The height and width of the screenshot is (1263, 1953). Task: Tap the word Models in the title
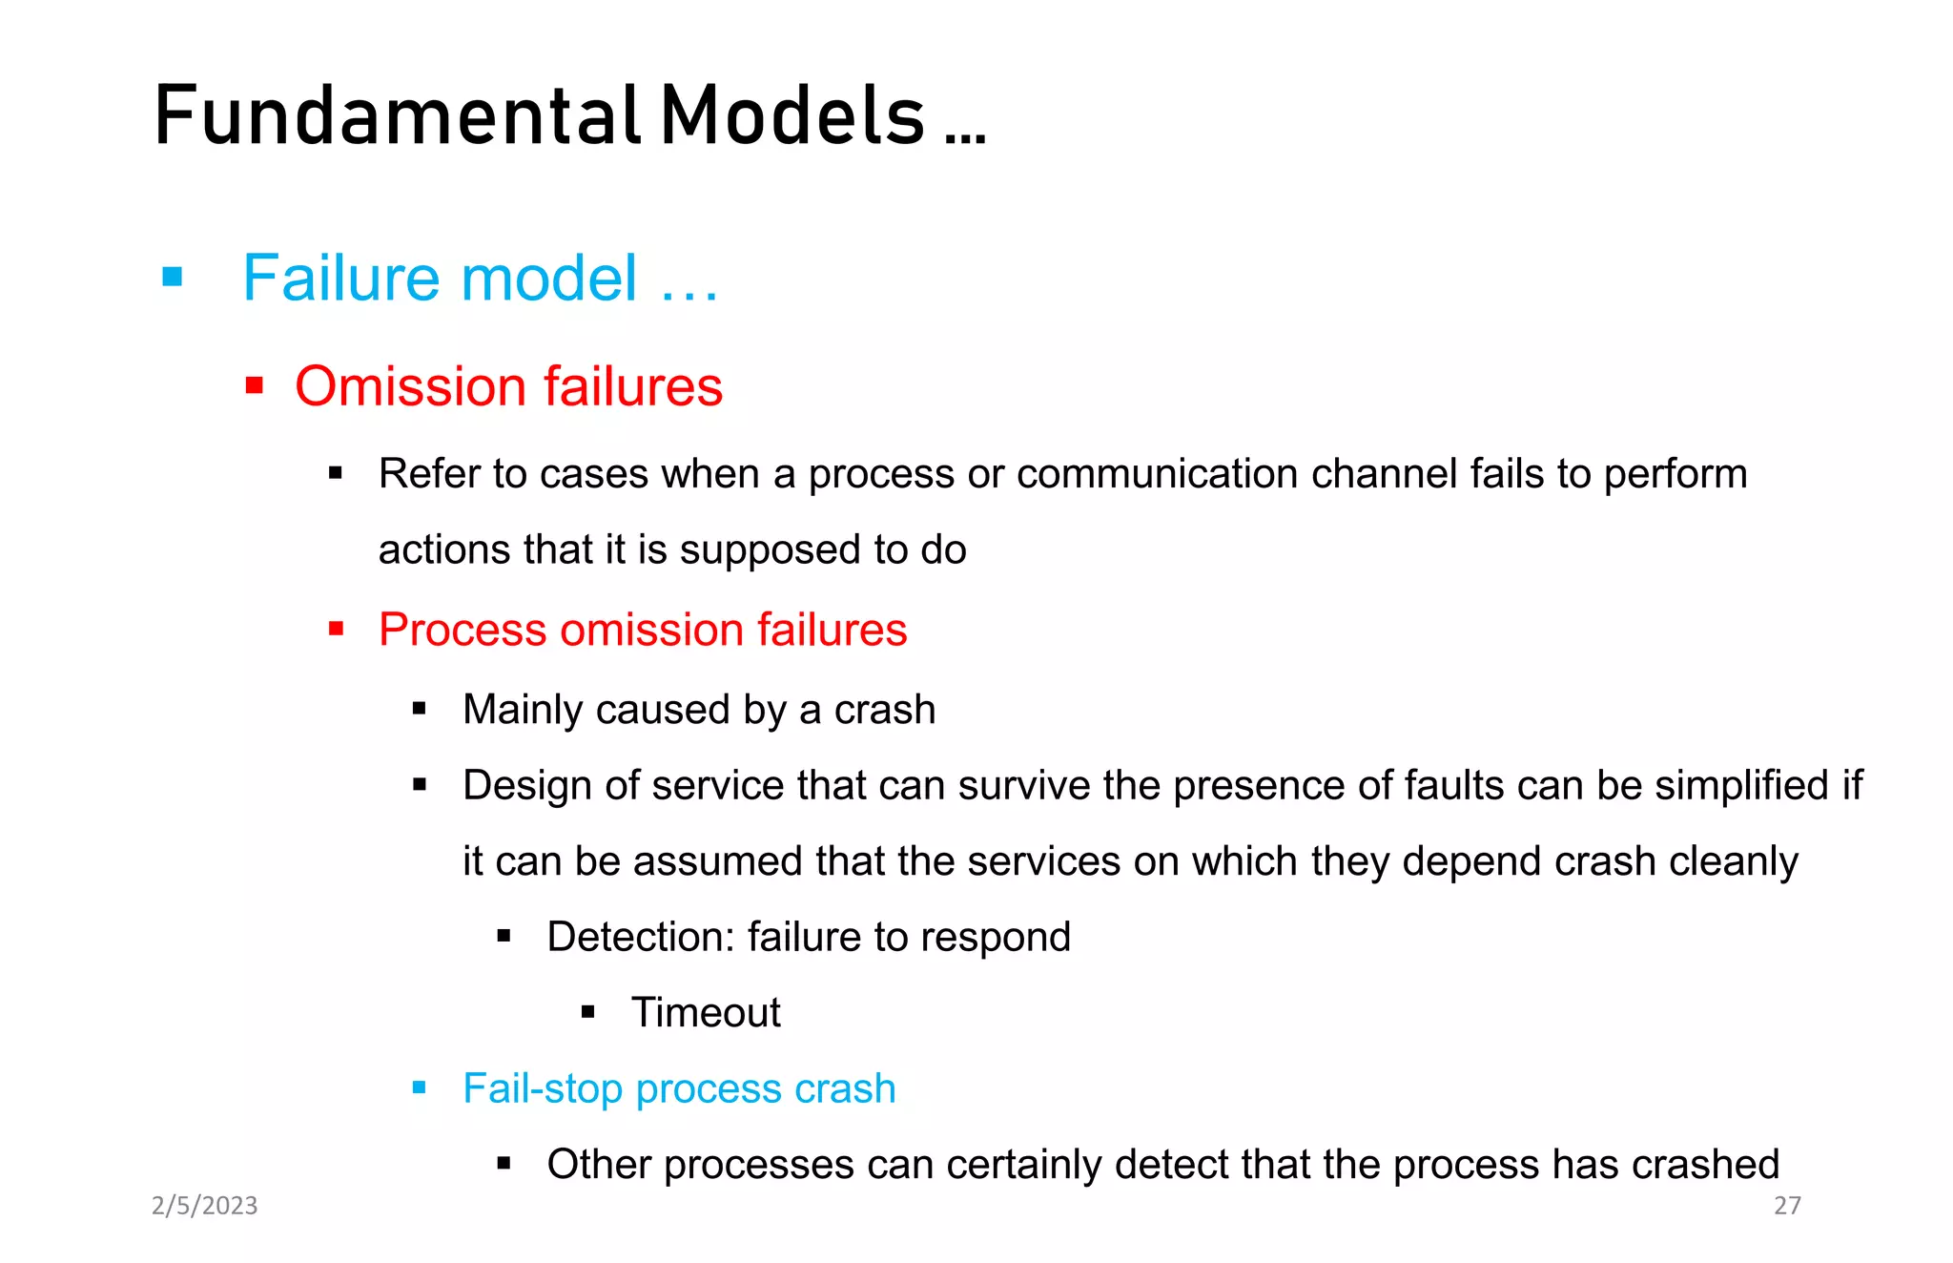[x=792, y=116]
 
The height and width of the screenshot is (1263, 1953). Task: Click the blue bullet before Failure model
[x=173, y=278]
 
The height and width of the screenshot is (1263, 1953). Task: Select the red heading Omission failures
[x=508, y=386]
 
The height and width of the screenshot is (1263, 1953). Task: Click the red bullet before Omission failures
[x=254, y=385]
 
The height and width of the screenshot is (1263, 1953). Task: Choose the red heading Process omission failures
[x=643, y=630]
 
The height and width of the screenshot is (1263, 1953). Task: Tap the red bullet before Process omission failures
[x=336, y=629]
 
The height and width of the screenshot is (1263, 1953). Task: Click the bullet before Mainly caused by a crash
[x=420, y=709]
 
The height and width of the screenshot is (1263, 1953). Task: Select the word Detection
[x=640, y=937]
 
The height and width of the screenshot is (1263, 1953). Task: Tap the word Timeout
[x=706, y=1012]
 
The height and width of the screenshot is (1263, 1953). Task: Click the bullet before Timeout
[x=588, y=1012]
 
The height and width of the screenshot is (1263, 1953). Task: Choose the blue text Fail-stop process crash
[x=679, y=1088]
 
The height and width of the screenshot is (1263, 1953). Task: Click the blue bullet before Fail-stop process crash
[x=420, y=1087]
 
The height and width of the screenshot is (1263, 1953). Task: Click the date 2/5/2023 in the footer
[x=205, y=1206]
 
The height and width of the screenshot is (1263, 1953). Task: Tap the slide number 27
[x=1787, y=1206]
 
